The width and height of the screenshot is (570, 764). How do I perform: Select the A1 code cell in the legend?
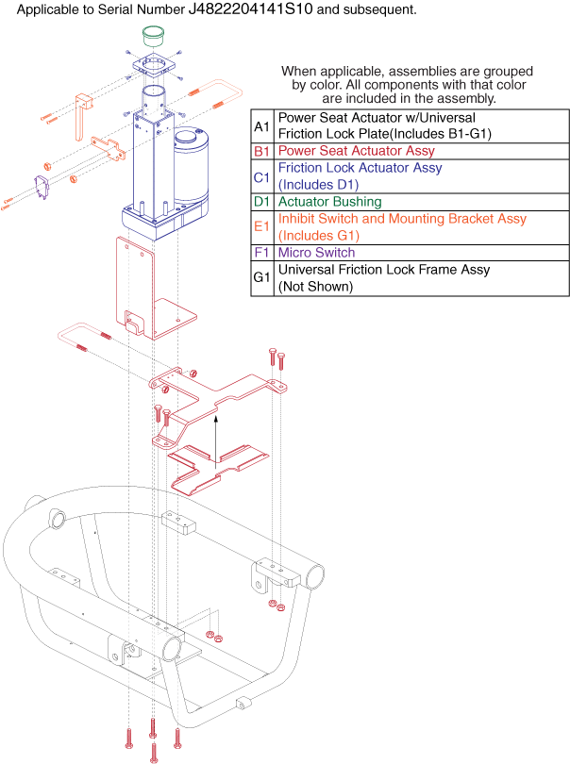click(261, 126)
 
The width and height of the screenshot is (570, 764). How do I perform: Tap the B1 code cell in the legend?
click(261, 151)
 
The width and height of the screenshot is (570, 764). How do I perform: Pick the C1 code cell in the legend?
click(261, 176)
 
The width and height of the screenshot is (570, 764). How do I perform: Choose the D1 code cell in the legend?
click(261, 202)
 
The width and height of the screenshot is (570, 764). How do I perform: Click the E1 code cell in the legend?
click(261, 227)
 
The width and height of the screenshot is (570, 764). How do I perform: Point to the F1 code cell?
click(261, 253)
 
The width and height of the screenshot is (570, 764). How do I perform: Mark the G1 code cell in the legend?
click(261, 278)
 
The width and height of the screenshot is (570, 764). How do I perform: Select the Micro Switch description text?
click(317, 253)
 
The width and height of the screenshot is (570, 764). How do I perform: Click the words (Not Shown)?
click(315, 287)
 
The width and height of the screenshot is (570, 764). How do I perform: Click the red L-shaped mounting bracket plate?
click(151, 292)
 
